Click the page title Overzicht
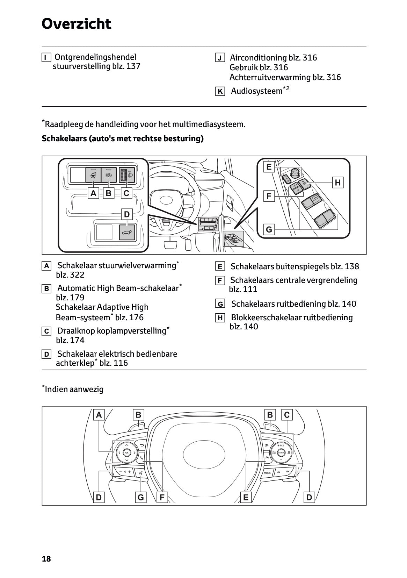(76, 24)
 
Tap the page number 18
(46, 559)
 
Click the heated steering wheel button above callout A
(93, 175)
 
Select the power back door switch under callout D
(127, 232)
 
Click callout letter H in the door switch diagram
(337, 182)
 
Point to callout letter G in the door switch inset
(269, 230)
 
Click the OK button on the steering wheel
(126, 452)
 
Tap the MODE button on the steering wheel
(267, 473)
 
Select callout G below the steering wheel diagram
(140, 497)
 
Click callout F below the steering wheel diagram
(162, 497)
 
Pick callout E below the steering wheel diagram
(246, 497)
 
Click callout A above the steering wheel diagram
(99, 415)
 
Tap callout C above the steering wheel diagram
(287, 415)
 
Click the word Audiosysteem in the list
(256, 91)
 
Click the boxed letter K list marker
(220, 92)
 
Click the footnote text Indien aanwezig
(74, 389)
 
